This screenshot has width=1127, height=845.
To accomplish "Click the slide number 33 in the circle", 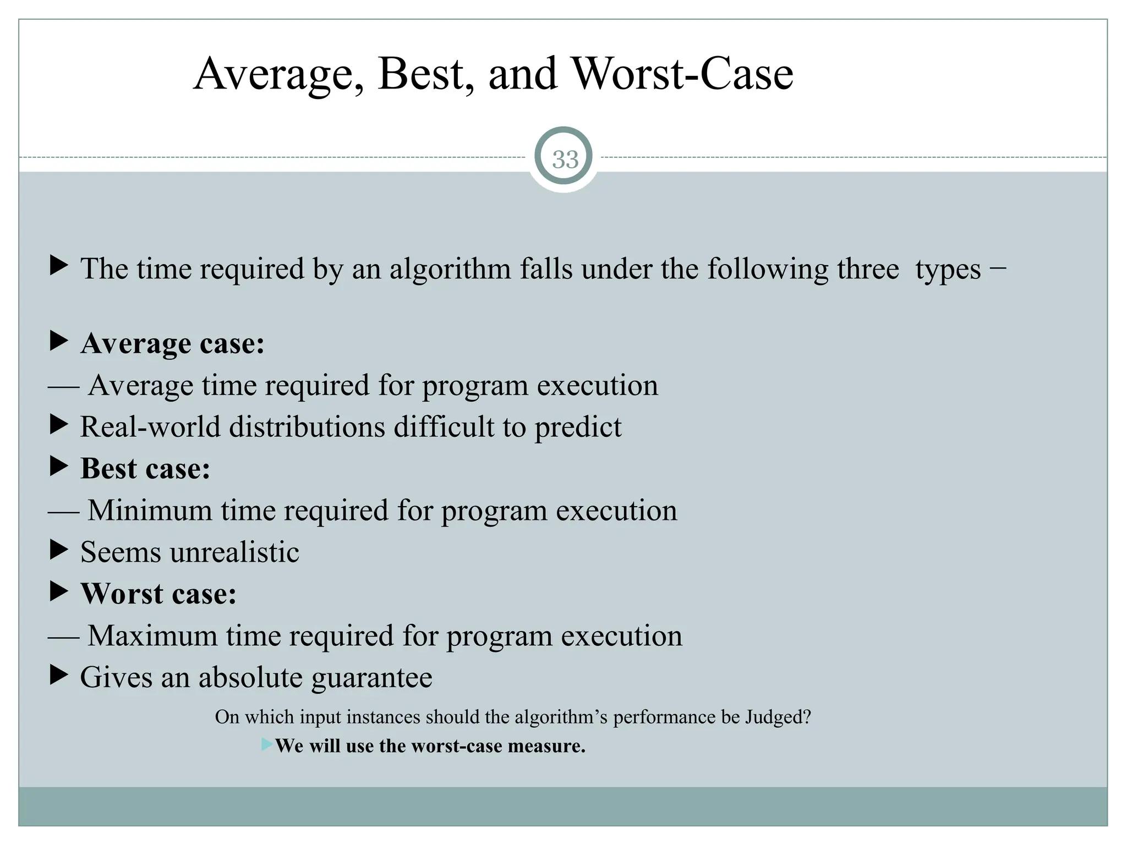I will coord(565,160).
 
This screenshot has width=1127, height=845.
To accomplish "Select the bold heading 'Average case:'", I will coord(173,344).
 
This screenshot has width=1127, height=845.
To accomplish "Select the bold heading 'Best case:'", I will coord(145,469).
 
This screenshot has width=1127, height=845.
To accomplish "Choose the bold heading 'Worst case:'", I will coord(158,594).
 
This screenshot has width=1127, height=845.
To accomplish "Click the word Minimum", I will coord(150,511).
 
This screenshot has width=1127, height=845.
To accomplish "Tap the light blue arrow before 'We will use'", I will coord(267,745).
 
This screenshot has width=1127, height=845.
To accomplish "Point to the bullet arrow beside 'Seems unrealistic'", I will coord(58,550).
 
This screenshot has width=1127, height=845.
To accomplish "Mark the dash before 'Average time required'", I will coord(63,387).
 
